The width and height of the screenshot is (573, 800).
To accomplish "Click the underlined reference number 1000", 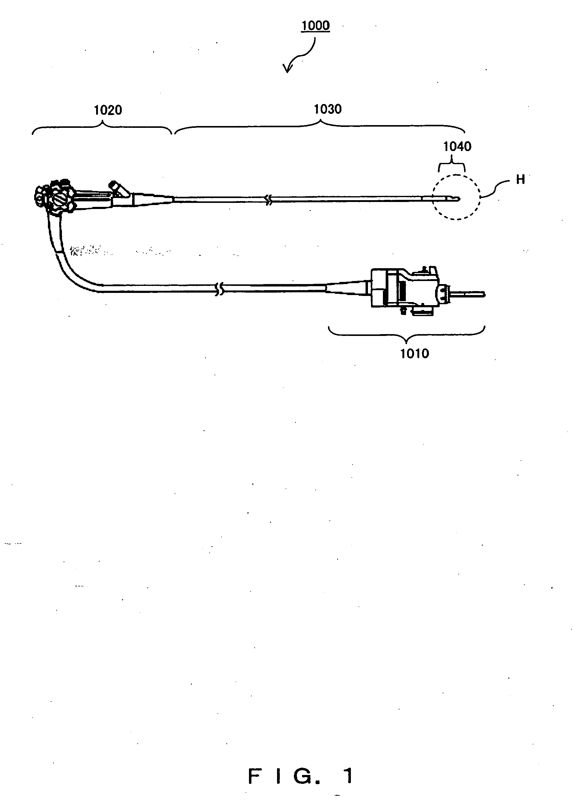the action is (x=315, y=26).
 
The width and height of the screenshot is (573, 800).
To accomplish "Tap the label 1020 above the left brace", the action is (x=108, y=110).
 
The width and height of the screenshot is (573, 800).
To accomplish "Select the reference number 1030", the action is (x=327, y=109).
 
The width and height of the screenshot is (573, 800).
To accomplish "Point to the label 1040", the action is (x=457, y=146).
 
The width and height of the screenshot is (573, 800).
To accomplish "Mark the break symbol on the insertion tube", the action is (x=269, y=200).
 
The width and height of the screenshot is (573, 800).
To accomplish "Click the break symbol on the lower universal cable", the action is (x=219, y=289).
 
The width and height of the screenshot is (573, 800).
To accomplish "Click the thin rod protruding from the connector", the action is (x=467, y=294).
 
